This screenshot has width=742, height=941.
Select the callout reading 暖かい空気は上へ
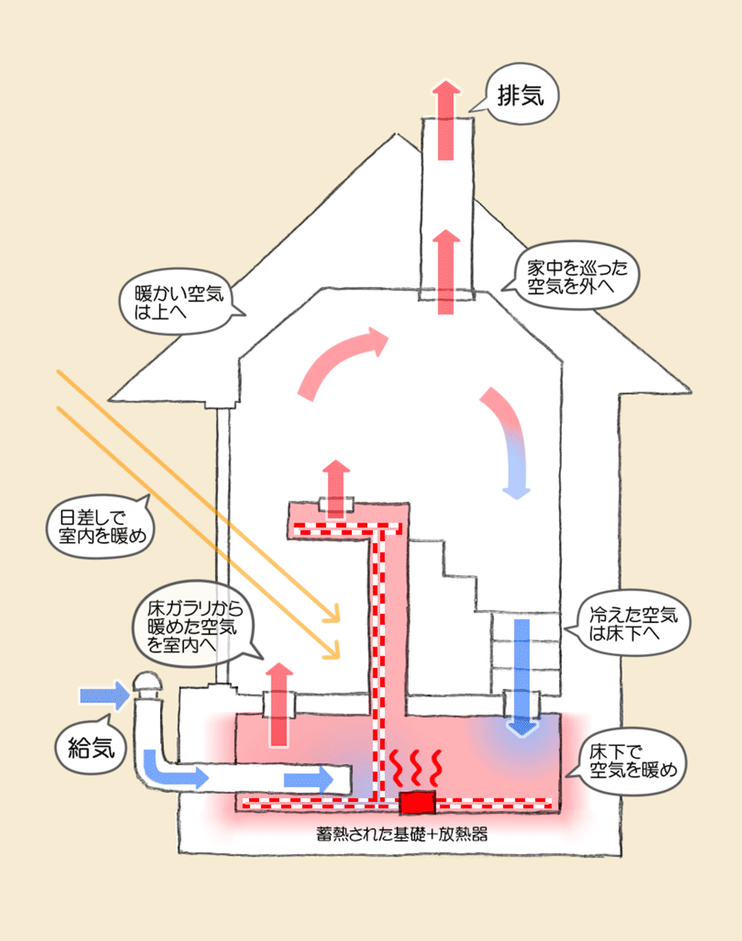[178, 303]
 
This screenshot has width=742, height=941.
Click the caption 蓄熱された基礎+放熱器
[401, 836]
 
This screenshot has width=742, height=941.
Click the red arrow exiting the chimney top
[445, 120]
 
